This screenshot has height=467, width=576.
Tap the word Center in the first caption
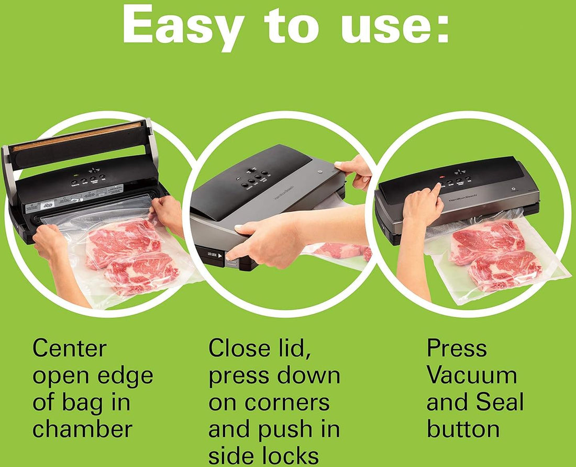click(x=69, y=348)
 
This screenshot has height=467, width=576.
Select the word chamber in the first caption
click(x=82, y=429)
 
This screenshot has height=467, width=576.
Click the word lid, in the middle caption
click(x=288, y=348)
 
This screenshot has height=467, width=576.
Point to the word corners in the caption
click(x=269, y=403)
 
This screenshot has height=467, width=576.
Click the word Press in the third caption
click(x=457, y=348)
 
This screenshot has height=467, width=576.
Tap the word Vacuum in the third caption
click(x=472, y=375)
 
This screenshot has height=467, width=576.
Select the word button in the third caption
click(x=463, y=429)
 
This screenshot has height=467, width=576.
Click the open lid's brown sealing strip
click(x=79, y=137)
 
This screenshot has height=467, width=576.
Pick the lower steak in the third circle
click(x=505, y=270)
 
